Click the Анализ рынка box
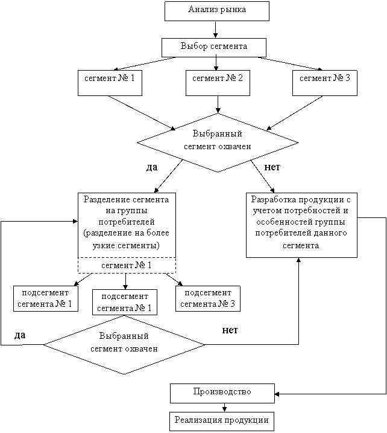(217, 11)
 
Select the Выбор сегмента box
(214, 48)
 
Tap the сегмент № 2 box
(218, 83)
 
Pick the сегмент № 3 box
(325, 83)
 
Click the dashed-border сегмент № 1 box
(127, 265)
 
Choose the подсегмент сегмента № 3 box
(208, 298)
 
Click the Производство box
(222, 393)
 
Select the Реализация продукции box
(222, 422)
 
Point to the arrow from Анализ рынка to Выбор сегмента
(216, 30)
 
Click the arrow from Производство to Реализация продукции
(224, 408)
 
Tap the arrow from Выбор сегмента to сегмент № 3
(290, 64)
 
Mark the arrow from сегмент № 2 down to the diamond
(218, 104)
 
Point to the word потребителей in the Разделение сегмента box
(127, 222)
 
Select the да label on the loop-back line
(20, 335)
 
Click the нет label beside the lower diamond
(230, 330)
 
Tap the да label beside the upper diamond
(152, 167)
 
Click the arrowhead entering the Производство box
(277, 394)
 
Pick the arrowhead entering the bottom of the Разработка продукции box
(298, 260)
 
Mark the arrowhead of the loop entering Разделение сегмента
(75, 221)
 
